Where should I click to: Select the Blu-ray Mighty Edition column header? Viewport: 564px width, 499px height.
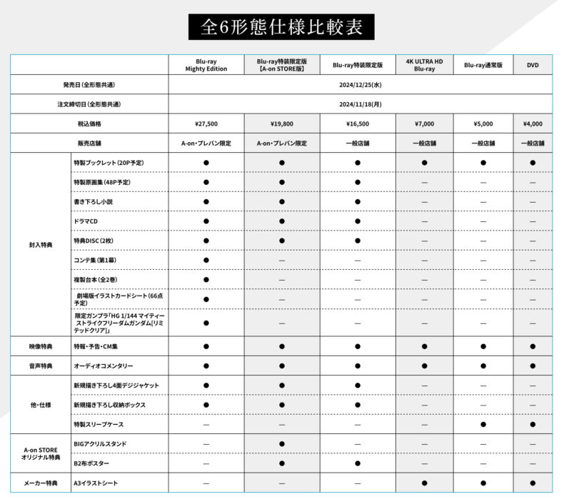click(206, 66)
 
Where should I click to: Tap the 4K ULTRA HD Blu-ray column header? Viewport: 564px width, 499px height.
click(424, 66)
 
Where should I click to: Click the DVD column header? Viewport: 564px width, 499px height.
click(533, 66)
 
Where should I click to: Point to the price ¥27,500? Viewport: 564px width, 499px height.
click(206, 124)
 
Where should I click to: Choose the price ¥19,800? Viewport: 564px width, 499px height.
click(282, 124)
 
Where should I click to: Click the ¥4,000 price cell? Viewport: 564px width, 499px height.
click(533, 124)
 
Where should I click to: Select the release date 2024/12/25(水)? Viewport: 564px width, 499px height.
click(359, 85)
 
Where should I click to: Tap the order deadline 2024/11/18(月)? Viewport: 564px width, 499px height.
click(359, 104)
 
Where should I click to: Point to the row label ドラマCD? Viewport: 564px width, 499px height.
click(86, 221)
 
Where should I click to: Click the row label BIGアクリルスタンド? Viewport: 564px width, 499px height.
click(100, 443)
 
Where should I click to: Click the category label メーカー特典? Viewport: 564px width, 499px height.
click(40, 483)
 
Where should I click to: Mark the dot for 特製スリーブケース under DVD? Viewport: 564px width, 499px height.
click(533, 424)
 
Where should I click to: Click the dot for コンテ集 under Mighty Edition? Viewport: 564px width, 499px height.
click(206, 260)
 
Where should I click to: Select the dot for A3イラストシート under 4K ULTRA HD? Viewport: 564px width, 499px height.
click(424, 483)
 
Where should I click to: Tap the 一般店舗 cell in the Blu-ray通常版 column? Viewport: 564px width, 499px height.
click(483, 143)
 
